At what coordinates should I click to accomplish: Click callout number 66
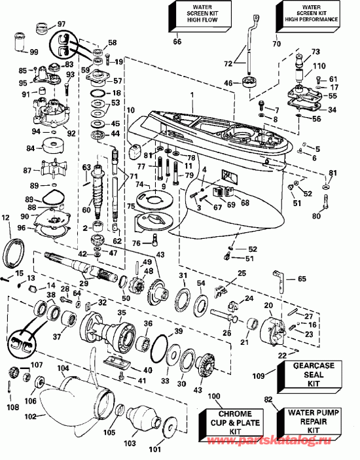click(x=177, y=43)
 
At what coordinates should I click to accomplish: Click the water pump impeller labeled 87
click(x=50, y=177)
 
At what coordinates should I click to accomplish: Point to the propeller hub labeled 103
click(x=144, y=421)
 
